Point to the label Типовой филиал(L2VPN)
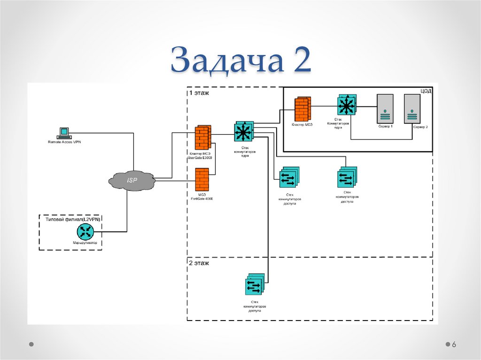pos(73,219)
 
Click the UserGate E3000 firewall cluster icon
pos(202,137)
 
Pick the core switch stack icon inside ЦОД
pos(347,106)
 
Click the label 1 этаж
pos(199,93)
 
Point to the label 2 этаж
pos(199,263)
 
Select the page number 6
pos(454,345)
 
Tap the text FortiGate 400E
pos(202,199)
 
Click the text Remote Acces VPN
pos(64,142)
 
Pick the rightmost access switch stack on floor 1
pos(347,178)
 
